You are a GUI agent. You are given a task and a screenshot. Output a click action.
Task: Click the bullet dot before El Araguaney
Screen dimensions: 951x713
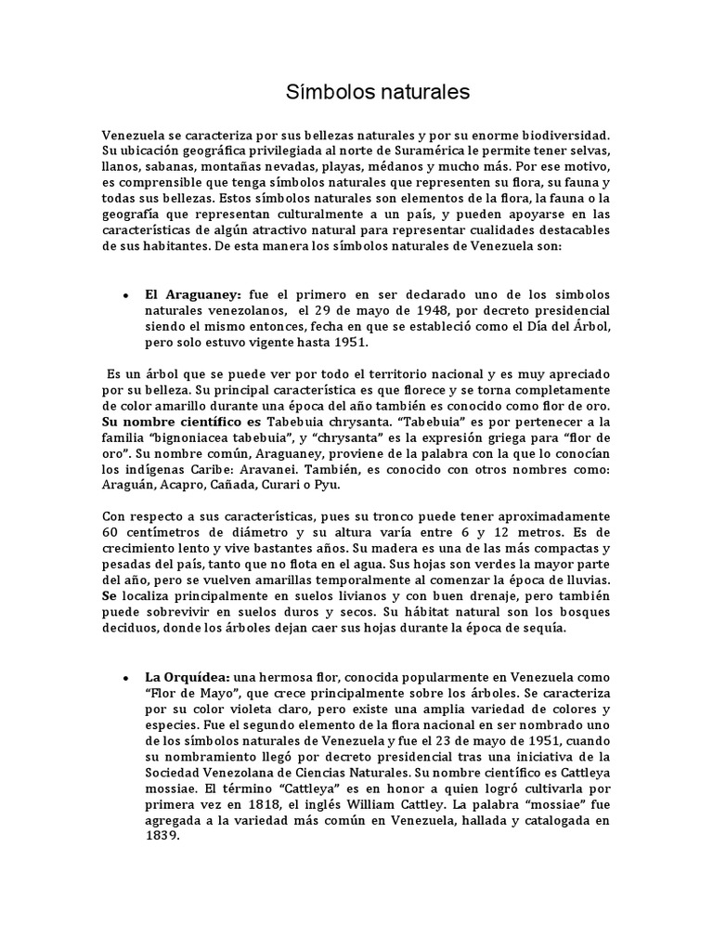[x=125, y=294]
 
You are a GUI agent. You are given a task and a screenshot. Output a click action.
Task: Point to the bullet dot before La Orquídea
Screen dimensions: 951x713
[x=125, y=678]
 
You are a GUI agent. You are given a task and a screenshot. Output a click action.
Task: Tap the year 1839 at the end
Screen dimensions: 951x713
[x=161, y=835]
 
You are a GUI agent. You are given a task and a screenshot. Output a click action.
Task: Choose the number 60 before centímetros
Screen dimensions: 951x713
[x=111, y=532]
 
